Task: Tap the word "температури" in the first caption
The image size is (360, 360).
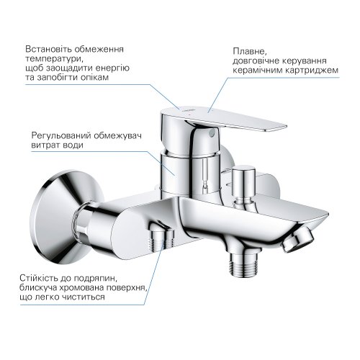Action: [50, 60]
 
